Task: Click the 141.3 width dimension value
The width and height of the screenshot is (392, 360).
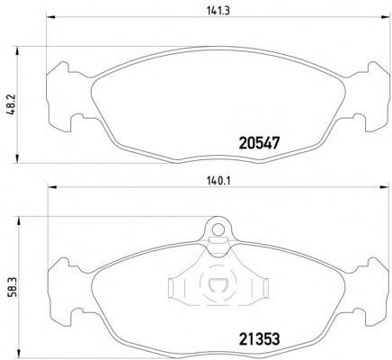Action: pyautogui.click(x=218, y=11)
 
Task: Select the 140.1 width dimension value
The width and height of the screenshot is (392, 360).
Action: pyautogui.click(x=218, y=181)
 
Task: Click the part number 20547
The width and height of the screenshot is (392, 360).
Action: pyautogui.click(x=259, y=143)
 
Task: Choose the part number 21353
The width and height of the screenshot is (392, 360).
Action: pyautogui.click(x=260, y=339)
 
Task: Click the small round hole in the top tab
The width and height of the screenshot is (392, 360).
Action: pyautogui.click(x=218, y=229)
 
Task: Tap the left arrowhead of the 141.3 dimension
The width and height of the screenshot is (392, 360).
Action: pyautogui.click(x=50, y=17)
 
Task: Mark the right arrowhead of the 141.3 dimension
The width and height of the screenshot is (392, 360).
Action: pyautogui.click(x=385, y=17)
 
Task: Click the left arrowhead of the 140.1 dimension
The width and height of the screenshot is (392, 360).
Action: pyautogui.click(x=52, y=187)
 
